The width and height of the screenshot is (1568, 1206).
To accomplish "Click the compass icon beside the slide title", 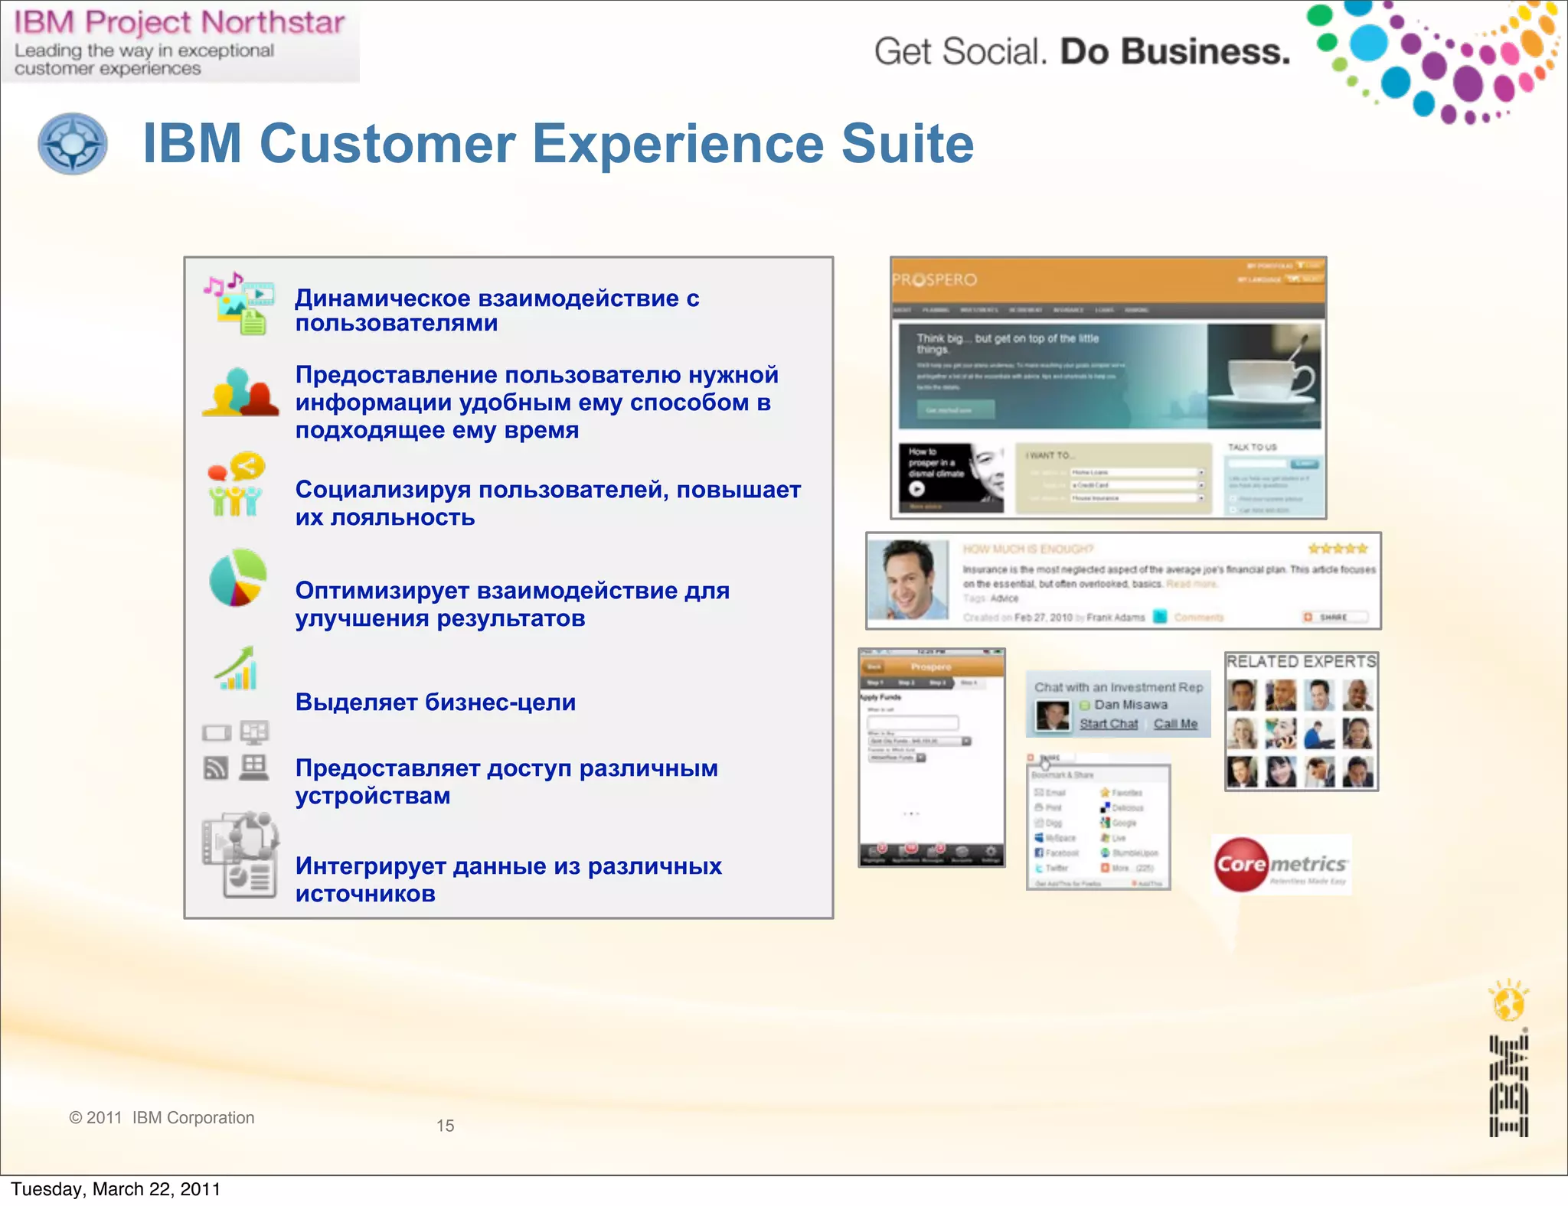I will coord(73,144).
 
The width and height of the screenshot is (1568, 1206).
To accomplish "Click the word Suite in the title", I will coord(907,144).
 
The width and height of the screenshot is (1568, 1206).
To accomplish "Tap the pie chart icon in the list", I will coord(238,577).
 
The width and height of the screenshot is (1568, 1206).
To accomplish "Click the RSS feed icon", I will coord(216,767).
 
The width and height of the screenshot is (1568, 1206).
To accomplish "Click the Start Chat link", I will coord(1109,724).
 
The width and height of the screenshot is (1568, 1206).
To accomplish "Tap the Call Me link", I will coord(1175,724).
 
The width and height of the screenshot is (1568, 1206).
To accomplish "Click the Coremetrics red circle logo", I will coord(1241,865).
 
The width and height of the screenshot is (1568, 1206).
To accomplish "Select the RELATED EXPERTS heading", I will coord(1301,661).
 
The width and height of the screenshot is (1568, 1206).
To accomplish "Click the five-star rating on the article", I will coord(1338,549).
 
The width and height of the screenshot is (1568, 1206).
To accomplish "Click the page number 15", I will coord(445,1126).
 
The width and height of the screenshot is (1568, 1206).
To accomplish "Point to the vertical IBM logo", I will coord(1508,1087).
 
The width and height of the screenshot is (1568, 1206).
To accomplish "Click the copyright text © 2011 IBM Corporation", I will coord(162,1118).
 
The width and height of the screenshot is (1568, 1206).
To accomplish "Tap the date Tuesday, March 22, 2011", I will coord(116,1189).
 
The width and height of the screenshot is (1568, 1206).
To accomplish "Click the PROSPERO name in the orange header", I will coord(935,280).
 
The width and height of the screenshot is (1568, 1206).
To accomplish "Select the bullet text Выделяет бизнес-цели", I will coord(436,702).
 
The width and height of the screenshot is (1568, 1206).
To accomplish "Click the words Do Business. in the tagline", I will coord(1174,52).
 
